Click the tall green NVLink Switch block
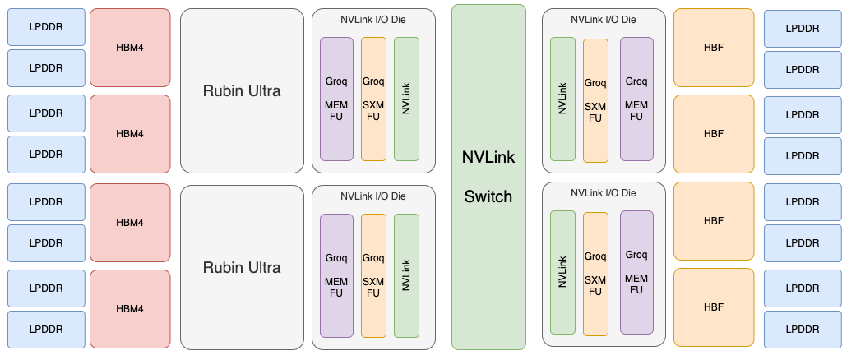[x=488, y=177]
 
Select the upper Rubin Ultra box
[x=242, y=90]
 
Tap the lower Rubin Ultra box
[x=242, y=267]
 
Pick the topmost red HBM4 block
[x=130, y=48]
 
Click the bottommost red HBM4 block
[x=130, y=309]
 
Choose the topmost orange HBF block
[x=714, y=48]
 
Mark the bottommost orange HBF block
[x=714, y=307]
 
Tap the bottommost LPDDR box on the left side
[x=46, y=329]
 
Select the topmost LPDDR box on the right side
[x=803, y=28]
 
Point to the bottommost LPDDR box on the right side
[x=803, y=329]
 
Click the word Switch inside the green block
[x=488, y=197]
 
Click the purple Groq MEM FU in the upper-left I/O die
[x=336, y=99]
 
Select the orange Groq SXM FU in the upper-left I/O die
[x=373, y=99]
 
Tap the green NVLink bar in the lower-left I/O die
[x=406, y=275]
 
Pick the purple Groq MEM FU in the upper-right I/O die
[x=636, y=99]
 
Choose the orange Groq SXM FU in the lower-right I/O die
[x=595, y=274]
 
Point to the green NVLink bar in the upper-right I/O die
[x=562, y=99]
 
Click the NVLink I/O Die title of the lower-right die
[x=604, y=193]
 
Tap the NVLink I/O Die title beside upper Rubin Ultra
[x=373, y=19]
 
